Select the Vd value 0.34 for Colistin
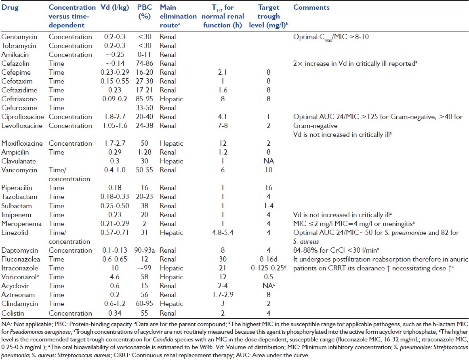pyautogui.click(x=114, y=313)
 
